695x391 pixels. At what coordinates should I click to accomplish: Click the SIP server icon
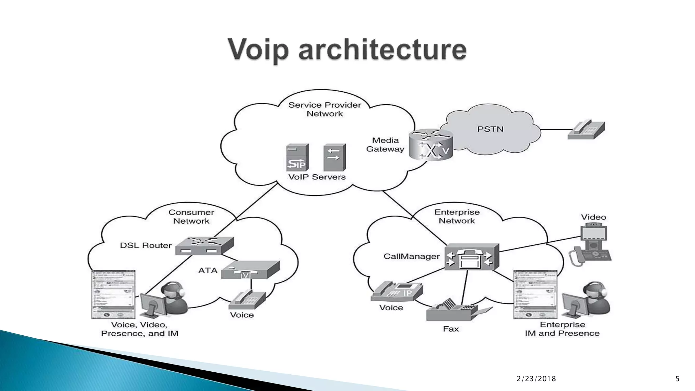coord(297,157)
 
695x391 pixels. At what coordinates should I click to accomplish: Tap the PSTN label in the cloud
coord(490,129)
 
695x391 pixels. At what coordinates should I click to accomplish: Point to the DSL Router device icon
coord(204,246)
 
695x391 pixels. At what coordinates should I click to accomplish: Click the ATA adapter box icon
coord(250,270)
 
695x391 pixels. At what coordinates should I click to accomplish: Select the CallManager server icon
coord(471,257)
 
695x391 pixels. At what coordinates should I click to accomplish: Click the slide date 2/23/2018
coord(536,379)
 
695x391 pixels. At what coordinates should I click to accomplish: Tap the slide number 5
coord(677,379)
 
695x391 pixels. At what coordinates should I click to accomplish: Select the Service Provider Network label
coord(325,109)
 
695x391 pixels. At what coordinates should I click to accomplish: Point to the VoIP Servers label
coord(317,177)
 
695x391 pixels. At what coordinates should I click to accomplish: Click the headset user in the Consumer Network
coord(174,298)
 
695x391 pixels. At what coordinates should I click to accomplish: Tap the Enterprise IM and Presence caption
coord(562,329)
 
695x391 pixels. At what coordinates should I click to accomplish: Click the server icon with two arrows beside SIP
coord(334,157)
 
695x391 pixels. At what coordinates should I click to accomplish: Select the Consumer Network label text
coord(191,217)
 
